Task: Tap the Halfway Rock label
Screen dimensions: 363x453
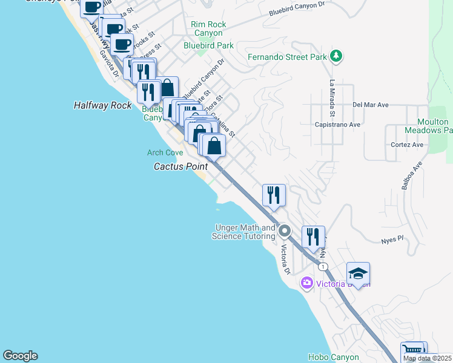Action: [x=102, y=105]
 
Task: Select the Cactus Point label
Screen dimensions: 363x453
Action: [x=180, y=166]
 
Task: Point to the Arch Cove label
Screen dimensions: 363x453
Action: [x=165, y=152]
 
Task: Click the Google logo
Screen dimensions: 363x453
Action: [x=20, y=356]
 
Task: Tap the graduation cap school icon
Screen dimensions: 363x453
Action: [x=358, y=273]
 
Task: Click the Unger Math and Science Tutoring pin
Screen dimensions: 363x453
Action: [x=285, y=231]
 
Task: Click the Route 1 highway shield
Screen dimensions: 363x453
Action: [x=324, y=267]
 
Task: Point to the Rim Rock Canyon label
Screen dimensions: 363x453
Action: [x=208, y=28]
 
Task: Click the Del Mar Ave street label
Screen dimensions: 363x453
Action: [x=370, y=105]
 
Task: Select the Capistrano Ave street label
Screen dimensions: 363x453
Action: [x=337, y=125]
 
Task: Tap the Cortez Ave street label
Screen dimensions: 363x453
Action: [x=407, y=145]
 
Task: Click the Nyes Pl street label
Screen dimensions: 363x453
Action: [x=392, y=240]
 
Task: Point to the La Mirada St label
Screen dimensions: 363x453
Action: [x=332, y=98]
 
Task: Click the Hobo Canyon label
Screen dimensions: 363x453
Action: [x=333, y=358]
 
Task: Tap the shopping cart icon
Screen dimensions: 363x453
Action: [x=412, y=350]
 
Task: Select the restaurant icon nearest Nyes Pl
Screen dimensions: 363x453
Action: [x=313, y=236]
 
